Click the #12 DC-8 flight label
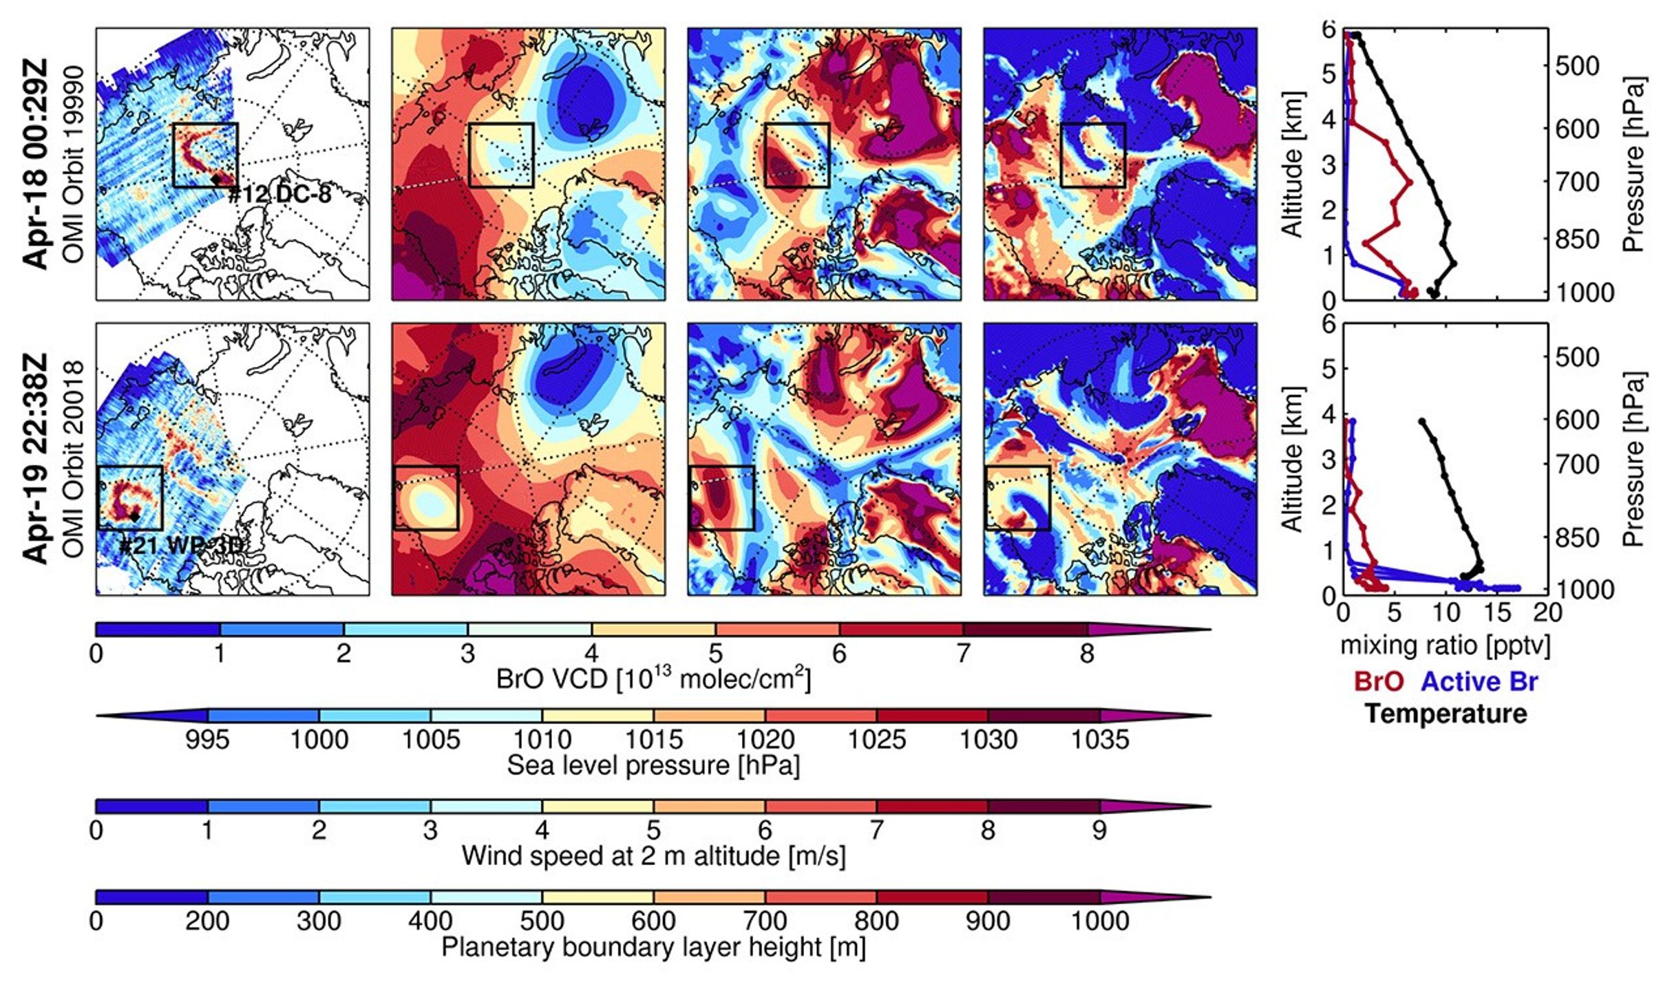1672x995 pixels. [279, 195]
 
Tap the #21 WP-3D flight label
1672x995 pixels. [181, 546]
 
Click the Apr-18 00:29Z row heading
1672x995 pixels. [36, 164]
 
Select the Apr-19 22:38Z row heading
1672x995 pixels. [36, 458]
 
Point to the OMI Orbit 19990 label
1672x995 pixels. [73, 164]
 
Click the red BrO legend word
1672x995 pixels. [1379, 681]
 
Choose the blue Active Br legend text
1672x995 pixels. [1479, 681]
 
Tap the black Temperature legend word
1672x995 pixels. [1446, 714]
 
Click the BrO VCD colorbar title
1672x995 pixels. [653, 680]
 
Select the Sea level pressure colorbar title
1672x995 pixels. [653, 766]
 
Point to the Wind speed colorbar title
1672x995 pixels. [653, 856]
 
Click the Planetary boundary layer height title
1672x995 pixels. [653, 947]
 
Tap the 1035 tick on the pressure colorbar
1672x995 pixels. [1100, 740]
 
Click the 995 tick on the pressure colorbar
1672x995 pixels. [207, 740]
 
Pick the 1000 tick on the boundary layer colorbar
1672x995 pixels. [1100, 921]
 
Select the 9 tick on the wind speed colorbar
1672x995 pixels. [1100, 831]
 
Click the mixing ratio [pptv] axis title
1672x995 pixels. [1446, 645]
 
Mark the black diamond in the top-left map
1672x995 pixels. [216, 180]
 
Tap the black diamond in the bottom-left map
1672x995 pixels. [135, 516]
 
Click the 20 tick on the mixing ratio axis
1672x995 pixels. [1548, 612]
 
